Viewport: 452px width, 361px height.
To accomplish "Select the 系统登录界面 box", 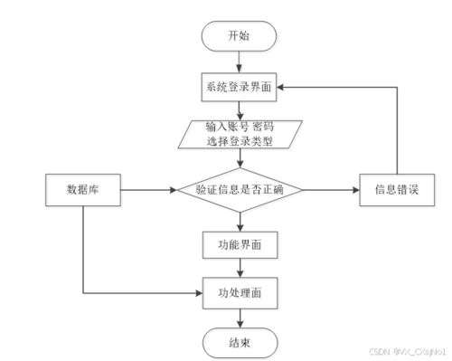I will [239, 89].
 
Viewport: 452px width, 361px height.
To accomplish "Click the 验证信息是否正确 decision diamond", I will [239, 191].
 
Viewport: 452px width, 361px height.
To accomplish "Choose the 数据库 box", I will [82, 191].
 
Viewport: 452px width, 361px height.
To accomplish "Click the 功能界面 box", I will [239, 243].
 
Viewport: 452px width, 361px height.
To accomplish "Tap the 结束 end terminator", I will [239, 341].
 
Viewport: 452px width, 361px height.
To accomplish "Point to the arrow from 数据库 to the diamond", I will [149, 191].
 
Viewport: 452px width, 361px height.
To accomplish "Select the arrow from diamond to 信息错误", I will [330, 191].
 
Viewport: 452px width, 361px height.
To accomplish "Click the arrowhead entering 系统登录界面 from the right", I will [281, 89].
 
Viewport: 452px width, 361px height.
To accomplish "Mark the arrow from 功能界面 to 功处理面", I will [239, 268].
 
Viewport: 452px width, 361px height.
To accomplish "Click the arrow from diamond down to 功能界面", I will [239, 220].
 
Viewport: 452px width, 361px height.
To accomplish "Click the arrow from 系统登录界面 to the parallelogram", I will [239, 109].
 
